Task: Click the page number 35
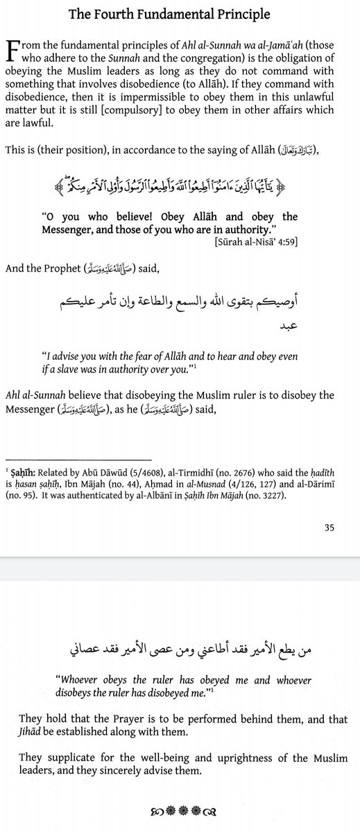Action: [x=329, y=527]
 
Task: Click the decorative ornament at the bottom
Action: [x=180, y=808]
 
